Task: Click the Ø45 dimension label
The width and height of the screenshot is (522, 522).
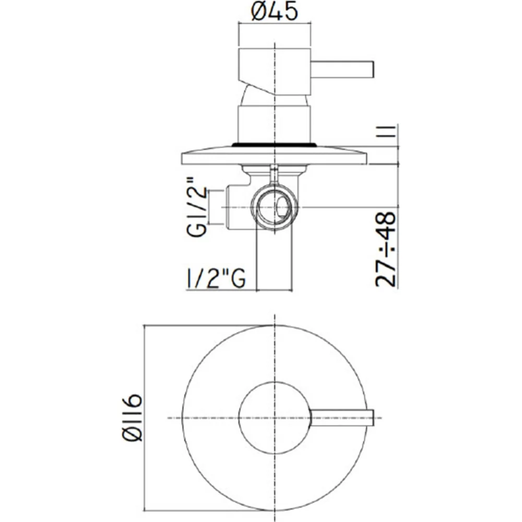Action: pos(275,11)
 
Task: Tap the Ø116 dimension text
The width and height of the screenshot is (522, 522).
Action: pos(132,418)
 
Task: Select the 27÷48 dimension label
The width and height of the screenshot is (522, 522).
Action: pos(386,249)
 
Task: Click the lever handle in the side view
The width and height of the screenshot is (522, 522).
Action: pos(342,70)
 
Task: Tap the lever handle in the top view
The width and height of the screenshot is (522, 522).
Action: pos(342,418)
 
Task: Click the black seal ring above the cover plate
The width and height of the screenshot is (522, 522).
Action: pos(274,145)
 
